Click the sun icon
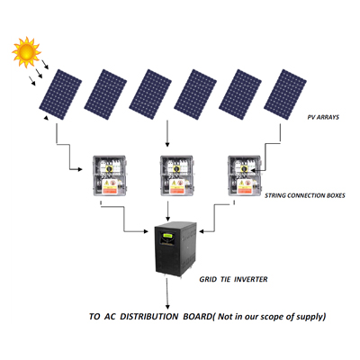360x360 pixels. tap(26, 52)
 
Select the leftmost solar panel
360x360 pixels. tap(60, 94)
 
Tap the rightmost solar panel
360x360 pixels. tap(285, 94)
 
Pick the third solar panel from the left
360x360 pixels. tap(150, 94)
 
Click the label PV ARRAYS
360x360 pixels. tap(323, 117)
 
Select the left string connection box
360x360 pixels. tap(109, 175)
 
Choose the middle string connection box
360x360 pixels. tap(176, 175)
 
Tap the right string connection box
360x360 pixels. tap(244, 175)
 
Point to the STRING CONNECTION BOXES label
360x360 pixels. tap(305, 195)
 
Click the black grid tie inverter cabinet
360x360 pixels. tap(175, 249)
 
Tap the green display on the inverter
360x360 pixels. tap(167, 236)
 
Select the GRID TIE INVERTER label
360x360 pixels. tap(233, 279)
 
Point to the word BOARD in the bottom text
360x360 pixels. tap(197, 317)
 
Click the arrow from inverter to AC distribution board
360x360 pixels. tap(167, 293)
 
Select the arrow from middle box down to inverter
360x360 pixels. tap(168, 211)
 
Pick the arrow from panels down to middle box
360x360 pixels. tap(167, 134)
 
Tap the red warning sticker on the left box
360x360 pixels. tap(110, 190)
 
